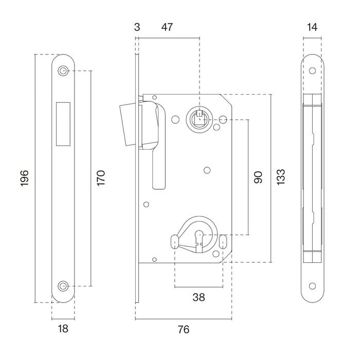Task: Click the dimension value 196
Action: point(25,177)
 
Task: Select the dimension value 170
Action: point(101,177)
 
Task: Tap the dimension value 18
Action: point(63,328)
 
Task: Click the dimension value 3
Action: point(137,27)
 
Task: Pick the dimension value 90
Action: point(258,177)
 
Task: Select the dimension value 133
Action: point(280,177)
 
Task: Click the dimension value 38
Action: point(199,297)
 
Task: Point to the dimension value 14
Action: point(313,27)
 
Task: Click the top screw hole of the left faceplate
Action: point(63,71)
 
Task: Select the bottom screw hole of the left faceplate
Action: point(63,285)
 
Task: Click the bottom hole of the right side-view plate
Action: point(313,285)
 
